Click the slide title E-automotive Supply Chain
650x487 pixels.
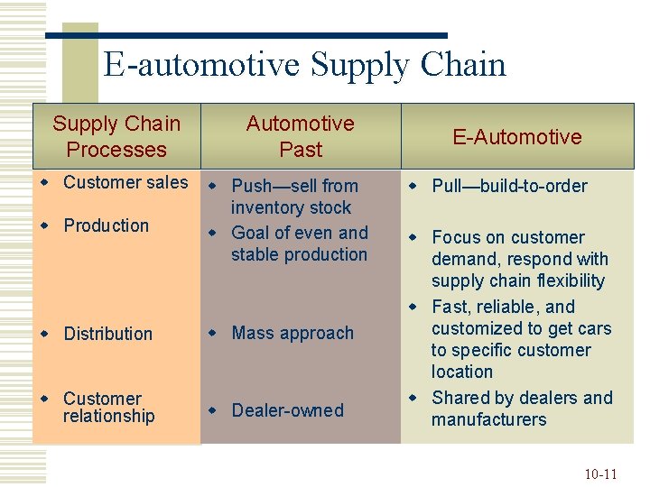[304, 65]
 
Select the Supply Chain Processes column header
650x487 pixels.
[116, 136]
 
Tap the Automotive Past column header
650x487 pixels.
[301, 136]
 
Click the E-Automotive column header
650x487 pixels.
[517, 137]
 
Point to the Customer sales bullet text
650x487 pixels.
[125, 182]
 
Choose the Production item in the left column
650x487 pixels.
[106, 225]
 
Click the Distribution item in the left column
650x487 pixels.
[107, 334]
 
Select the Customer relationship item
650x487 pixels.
[108, 407]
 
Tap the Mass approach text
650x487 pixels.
[292, 333]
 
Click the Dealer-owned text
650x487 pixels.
[287, 410]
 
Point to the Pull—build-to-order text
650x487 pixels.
[509, 186]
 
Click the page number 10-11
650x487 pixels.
[600, 473]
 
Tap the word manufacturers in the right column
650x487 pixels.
[488, 419]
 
